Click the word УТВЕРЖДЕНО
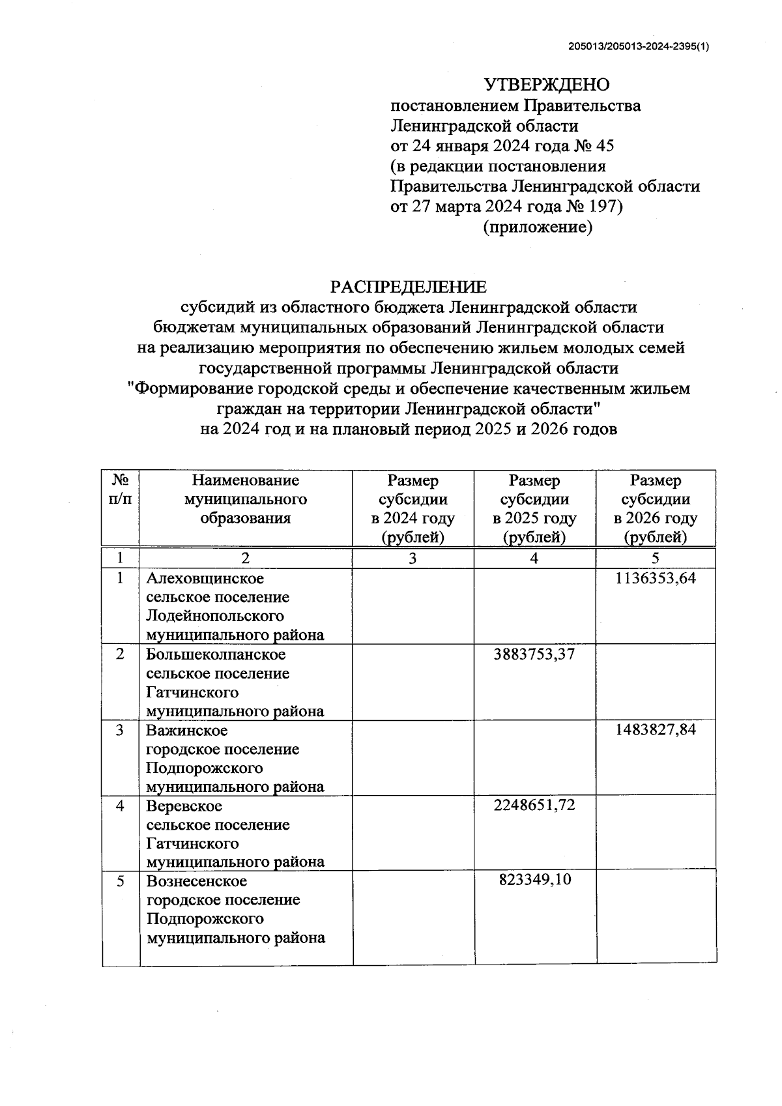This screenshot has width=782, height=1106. point(547,85)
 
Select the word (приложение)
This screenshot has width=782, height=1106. point(538,227)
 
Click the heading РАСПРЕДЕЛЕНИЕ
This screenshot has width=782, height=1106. point(409,287)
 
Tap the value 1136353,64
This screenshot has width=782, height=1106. point(656,578)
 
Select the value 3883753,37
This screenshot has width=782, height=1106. point(534,654)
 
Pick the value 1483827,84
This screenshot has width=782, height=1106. point(656,729)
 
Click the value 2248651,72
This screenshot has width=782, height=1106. point(534,805)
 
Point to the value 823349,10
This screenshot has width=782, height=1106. point(534,880)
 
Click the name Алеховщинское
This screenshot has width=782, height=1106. point(205,578)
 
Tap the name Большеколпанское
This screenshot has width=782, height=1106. point(216,654)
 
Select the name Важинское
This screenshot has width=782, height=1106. point(187,730)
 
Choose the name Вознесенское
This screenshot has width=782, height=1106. point(197,881)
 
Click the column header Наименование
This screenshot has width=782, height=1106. point(246,480)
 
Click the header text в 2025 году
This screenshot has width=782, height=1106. point(534,519)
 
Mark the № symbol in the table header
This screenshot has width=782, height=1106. point(121,480)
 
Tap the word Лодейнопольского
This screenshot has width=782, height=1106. point(215,616)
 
